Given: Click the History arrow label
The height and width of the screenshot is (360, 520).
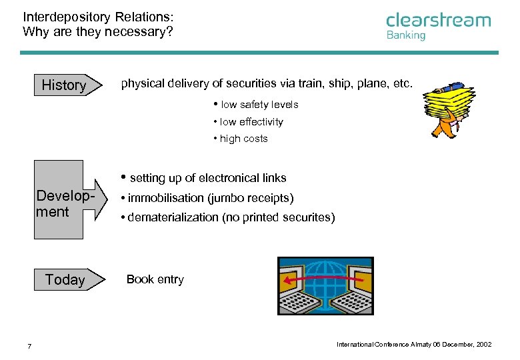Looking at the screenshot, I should click(64, 85).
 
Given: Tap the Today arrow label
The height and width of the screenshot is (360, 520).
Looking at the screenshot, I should click(65, 280).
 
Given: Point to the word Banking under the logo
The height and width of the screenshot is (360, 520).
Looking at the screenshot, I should click(405, 35).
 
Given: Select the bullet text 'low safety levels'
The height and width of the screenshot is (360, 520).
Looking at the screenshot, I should click(259, 105).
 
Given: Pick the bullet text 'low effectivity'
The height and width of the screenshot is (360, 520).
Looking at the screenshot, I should click(251, 122).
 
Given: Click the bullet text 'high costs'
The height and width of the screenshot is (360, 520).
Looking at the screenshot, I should click(243, 139).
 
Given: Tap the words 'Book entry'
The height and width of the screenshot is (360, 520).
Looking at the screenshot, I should click(155, 279).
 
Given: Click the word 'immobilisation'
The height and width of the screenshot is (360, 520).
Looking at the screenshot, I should click(165, 198).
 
